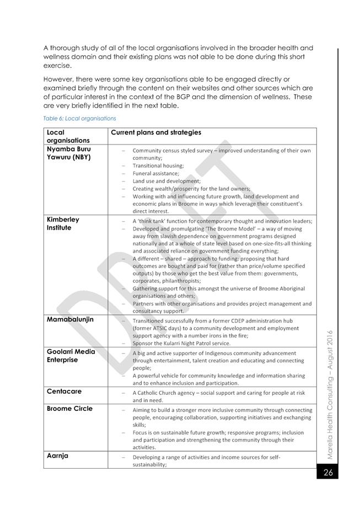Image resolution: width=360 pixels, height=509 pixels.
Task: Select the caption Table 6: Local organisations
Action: [x=79, y=118]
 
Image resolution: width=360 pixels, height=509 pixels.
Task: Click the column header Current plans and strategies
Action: [x=156, y=132]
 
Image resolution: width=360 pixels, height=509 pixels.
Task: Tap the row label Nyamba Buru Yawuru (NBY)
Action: [x=69, y=153]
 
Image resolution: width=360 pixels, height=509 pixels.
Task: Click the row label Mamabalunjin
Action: [x=70, y=319]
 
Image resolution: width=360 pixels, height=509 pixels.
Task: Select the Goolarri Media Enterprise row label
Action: [x=71, y=356]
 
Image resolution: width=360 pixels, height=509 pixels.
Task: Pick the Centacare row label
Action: [x=64, y=391]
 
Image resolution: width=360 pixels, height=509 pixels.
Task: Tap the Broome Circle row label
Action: [x=69, y=409]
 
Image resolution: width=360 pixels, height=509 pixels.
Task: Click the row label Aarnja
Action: [x=57, y=456]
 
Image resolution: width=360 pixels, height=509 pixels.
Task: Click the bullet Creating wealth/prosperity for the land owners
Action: [x=191, y=189]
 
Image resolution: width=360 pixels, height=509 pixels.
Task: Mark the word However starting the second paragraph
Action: [x=59, y=79]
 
